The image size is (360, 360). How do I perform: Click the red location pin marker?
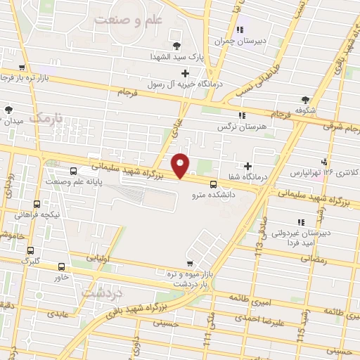(x=181, y=165)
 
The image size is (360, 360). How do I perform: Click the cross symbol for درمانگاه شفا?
(x=248, y=166)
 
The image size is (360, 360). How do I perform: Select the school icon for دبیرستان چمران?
(x=240, y=30)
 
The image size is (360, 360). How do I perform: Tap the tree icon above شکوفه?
(x=304, y=100)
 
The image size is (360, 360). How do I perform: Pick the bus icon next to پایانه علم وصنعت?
(x=74, y=171)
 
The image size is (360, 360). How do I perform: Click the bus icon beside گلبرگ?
(x=30, y=250)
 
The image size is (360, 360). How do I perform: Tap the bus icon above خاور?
(x=62, y=266)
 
